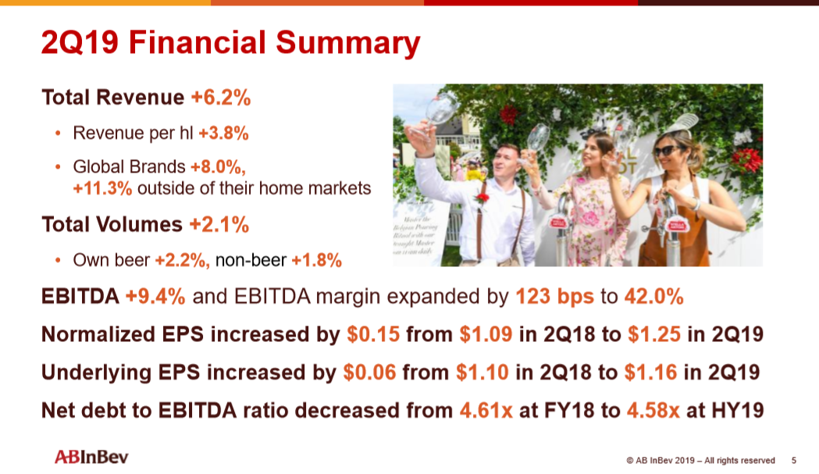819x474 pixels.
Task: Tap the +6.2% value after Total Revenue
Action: (x=221, y=98)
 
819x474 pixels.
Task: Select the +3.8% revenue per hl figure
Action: (x=223, y=134)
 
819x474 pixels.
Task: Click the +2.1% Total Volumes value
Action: (x=219, y=225)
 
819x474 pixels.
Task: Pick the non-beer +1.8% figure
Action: (x=316, y=261)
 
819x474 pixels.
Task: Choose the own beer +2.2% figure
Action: (x=182, y=261)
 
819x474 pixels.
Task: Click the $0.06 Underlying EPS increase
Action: (x=369, y=372)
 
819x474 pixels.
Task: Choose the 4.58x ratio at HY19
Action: (x=653, y=409)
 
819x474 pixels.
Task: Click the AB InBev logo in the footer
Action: (x=91, y=457)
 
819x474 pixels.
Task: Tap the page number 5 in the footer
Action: (x=794, y=461)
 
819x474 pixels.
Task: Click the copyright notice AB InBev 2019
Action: (x=700, y=461)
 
